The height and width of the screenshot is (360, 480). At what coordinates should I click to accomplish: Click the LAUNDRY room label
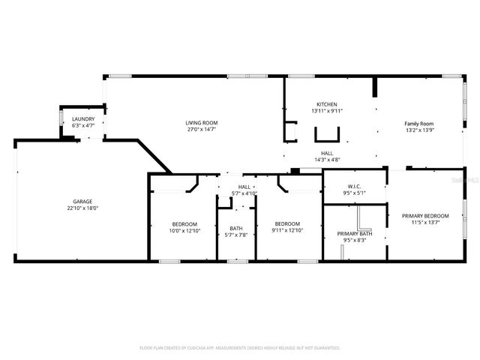pyautogui.click(x=82, y=119)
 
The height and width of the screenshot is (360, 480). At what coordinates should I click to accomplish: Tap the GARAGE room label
pyautogui.click(x=82, y=201)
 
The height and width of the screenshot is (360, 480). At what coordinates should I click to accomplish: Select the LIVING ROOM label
pyautogui.click(x=202, y=122)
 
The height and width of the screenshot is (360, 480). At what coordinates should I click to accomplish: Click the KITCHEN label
pyautogui.click(x=326, y=104)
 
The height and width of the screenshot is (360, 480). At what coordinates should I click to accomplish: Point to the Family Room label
pyautogui.click(x=419, y=123)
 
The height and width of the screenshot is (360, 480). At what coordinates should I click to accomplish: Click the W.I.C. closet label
pyautogui.click(x=355, y=186)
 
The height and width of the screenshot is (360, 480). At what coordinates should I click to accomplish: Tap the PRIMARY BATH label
pyautogui.click(x=355, y=233)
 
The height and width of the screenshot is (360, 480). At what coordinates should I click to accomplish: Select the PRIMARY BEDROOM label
pyautogui.click(x=425, y=216)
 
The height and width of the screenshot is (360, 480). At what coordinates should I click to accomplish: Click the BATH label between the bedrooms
pyautogui.click(x=236, y=228)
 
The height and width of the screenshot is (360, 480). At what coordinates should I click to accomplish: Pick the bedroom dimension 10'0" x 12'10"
pyautogui.click(x=184, y=230)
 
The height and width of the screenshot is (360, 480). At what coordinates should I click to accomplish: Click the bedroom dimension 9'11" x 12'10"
pyautogui.click(x=287, y=230)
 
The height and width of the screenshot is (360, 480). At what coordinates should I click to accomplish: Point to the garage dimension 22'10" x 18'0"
pyautogui.click(x=82, y=208)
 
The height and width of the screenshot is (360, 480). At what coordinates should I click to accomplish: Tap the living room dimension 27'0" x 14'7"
pyautogui.click(x=202, y=129)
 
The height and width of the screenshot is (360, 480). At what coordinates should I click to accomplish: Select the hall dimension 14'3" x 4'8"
pyautogui.click(x=326, y=159)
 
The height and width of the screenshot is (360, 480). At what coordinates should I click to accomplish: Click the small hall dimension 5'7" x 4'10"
pyautogui.click(x=244, y=193)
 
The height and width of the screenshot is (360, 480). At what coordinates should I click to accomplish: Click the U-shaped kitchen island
pyautogui.click(x=326, y=134)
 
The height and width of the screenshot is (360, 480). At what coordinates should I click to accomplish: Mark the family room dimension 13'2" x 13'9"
pyautogui.click(x=419, y=130)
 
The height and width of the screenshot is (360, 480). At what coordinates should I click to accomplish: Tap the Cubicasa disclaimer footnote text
pyautogui.click(x=240, y=348)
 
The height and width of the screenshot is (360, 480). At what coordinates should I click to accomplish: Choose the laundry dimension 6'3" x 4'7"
pyautogui.click(x=82, y=126)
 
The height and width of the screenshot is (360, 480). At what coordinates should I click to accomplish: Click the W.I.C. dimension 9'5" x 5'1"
pyautogui.click(x=355, y=193)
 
